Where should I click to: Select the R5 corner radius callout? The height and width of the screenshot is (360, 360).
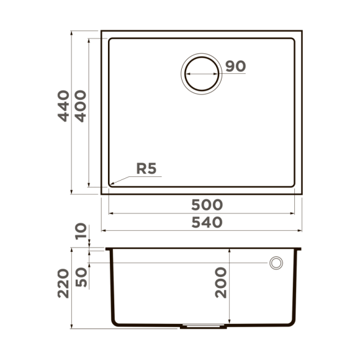tap(146, 168)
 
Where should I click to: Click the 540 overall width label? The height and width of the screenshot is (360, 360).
tap(207, 222)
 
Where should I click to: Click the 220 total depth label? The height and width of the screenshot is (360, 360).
tap(63, 283)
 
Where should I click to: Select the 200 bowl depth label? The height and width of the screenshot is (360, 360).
tap(221, 283)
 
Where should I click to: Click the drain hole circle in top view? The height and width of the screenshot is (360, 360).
tap(200, 73)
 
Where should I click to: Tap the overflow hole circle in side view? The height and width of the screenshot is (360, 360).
tap(276, 263)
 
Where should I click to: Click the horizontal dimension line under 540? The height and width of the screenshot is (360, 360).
tap(202, 231)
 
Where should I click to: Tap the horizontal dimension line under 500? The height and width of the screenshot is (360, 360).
tap(202, 213)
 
